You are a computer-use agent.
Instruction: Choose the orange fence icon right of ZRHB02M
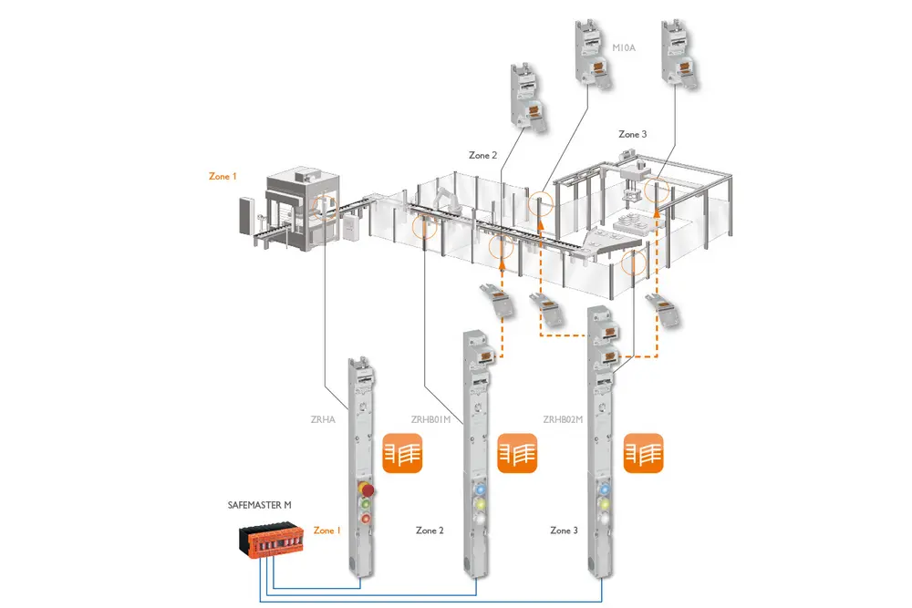pyautogui.click(x=643, y=454)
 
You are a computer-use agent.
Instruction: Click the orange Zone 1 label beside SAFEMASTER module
pyautogui.click(x=326, y=531)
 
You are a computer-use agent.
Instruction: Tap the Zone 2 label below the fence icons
pyautogui.click(x=430, y=531)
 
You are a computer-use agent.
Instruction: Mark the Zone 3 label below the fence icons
pyautogui.click(x=564, y=531)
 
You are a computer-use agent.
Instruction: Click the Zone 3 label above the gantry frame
pyautogui.click(x=632, y=135)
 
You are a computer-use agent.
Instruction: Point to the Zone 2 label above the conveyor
pyautogui.click(x=482, y=156)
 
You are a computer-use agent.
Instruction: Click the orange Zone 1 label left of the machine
pyautogui.click(x=223, y=176)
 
